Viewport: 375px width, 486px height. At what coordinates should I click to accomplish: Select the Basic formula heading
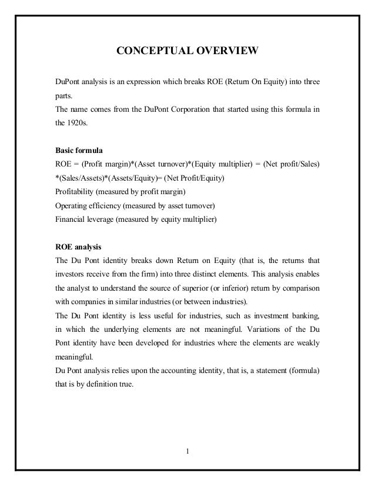[79, 150]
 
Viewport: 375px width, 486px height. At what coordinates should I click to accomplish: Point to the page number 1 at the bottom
[187, 452]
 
